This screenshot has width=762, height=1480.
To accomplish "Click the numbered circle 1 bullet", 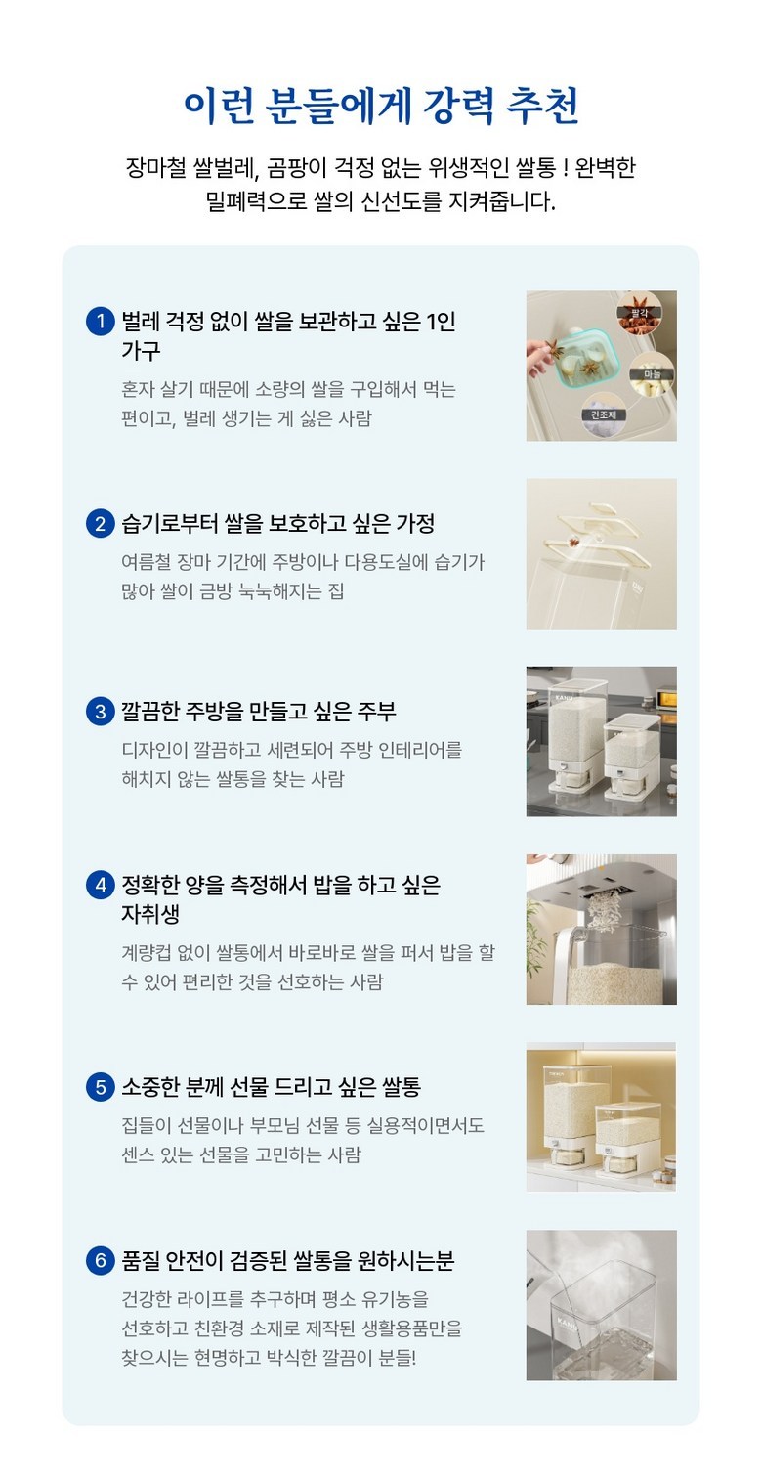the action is click(101, 321).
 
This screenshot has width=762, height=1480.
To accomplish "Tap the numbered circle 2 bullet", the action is click(101, 524).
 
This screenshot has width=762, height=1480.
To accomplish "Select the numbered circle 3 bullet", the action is click(101, 712).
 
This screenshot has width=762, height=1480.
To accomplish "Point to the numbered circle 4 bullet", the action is click(101, 885).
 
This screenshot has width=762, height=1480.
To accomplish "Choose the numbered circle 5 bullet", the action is click(101, 1087).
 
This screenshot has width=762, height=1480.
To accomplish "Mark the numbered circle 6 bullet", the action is click(101, 1261).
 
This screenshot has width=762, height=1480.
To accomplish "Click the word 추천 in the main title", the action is click(543, 105).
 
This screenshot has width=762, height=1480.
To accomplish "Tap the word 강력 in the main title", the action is click(457, 105).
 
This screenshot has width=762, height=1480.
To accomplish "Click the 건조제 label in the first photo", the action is click(603, 414).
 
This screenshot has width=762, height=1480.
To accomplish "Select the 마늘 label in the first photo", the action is click(652, 374).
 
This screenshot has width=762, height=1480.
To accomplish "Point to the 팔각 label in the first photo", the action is click(639, 312).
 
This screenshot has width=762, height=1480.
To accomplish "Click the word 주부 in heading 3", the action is click(376, 712).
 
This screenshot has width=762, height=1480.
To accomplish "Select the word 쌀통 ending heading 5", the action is click(402, 1087).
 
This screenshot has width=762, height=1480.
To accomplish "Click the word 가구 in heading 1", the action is click(141, 350).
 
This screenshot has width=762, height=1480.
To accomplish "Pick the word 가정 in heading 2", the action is click(414, 524).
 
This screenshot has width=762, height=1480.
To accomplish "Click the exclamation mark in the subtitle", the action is click(566, 168).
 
